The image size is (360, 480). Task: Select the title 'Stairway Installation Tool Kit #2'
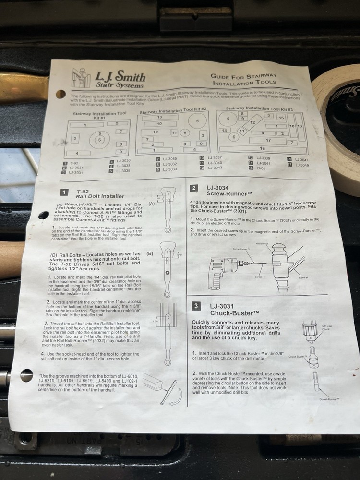(172, 112)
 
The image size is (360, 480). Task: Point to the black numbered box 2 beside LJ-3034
(193, 189)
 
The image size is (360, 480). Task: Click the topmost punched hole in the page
(60, 94)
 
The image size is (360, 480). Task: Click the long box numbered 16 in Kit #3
(262, 149)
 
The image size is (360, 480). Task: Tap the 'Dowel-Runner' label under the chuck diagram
(328, 399)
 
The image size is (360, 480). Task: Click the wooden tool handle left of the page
(12, 260)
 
